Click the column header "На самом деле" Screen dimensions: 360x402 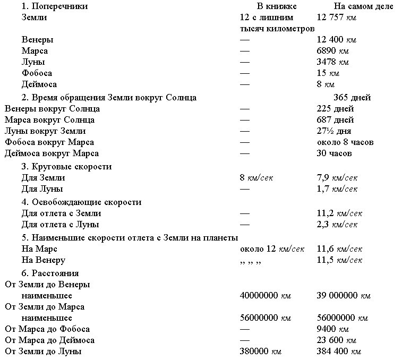click(x=364, y=6)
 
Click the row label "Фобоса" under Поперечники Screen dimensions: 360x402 click(x=37, y=73)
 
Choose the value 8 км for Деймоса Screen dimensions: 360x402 click(x=326, y=84)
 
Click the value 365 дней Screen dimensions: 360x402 click(x=352, y=98)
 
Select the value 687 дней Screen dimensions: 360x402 click(x=335, y=120)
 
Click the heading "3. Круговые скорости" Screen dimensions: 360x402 click(x=66, y=167)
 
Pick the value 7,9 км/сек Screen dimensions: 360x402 click(x=337, y=178)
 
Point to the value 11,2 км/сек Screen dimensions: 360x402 click(x=339, y=213)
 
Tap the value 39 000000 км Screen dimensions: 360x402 click(x=343, y=296)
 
